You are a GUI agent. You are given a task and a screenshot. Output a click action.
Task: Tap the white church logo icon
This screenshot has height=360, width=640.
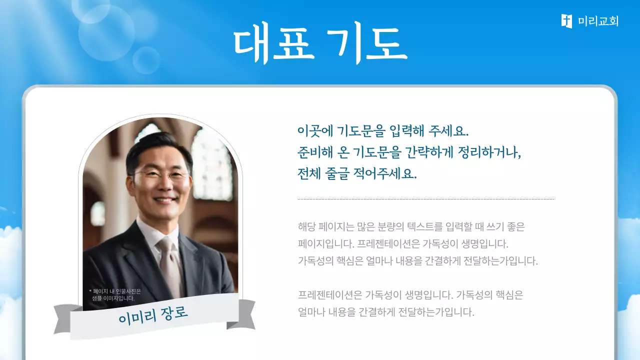pyautogui.click(x=566, y=21)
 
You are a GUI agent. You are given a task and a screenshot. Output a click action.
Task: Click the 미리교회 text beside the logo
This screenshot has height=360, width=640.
pyautogui.click(x=598, y=21)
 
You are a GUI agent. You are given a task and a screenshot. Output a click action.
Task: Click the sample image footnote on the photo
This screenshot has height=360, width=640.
pyautogui.click(x=114, y=295)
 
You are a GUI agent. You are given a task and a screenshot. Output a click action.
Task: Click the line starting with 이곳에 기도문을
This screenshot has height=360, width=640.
pyautogui.click(x=382, y=131)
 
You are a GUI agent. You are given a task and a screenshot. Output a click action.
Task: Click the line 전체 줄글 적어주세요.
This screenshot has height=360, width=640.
pyautogui.click(x=357, y=174)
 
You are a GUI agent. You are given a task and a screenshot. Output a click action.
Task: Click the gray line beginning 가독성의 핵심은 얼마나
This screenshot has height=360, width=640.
pyautogui.click(x=417, y=261)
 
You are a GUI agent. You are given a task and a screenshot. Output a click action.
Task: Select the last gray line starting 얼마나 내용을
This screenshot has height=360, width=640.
pyautogui.click(x=385, y=312)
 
